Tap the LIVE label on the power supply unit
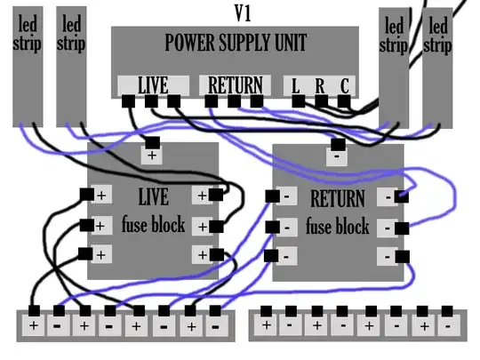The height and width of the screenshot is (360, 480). pos(153,85)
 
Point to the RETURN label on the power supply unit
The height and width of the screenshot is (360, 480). pos(235,85)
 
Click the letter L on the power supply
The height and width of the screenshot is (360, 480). pos(295,86)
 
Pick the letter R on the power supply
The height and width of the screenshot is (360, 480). pos(319,86)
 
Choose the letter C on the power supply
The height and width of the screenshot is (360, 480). pos(343,86)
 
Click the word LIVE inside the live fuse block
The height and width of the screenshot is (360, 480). pos(153,196)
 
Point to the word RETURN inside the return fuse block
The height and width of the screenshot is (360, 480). pos(338,197)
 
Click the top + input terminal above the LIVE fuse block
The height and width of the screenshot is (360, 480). pos(152,142)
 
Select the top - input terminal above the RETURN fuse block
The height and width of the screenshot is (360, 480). pos(338,143)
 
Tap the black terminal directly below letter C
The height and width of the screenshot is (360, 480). pos(344,102)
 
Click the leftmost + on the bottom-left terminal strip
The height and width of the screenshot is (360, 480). pos(34,325)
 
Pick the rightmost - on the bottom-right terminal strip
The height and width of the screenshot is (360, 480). pos(448,325)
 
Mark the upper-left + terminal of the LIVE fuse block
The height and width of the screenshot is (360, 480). pos(87,195)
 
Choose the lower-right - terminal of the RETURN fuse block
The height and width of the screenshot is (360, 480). pos(402,257)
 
